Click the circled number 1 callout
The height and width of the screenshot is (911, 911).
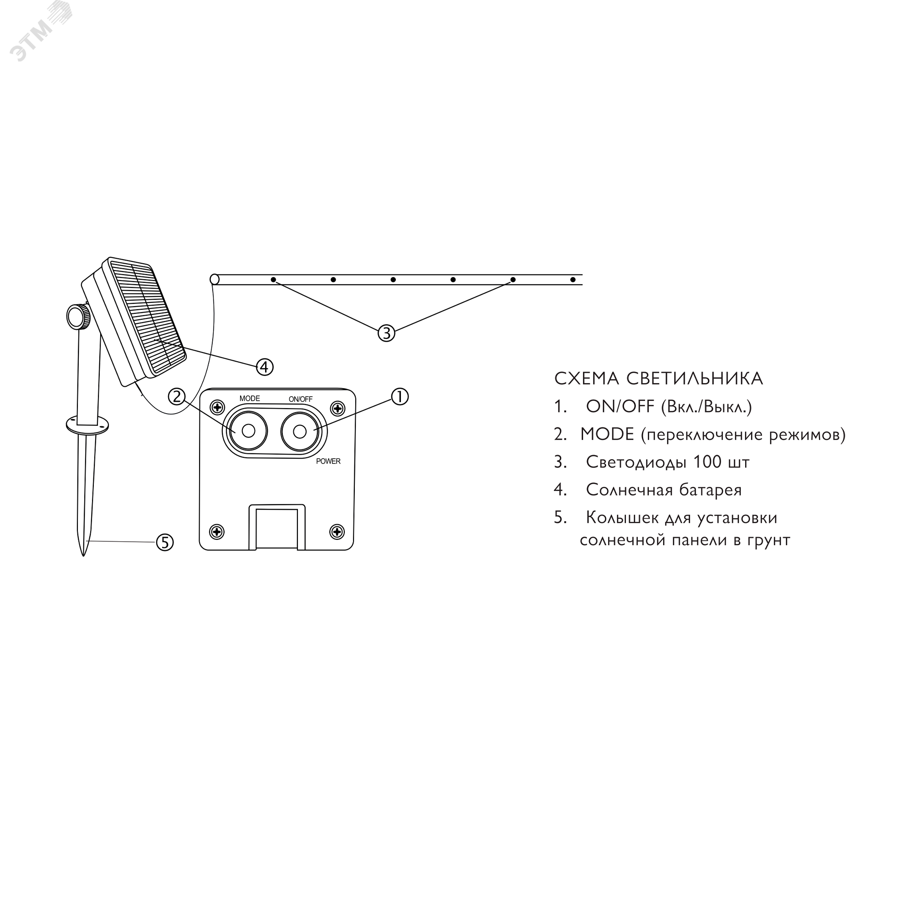400,397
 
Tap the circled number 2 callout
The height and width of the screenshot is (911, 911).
177,397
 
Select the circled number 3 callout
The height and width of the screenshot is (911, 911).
386,333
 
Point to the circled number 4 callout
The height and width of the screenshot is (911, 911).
265,366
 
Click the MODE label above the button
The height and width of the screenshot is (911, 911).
250,399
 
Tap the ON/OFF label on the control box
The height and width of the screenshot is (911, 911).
300,399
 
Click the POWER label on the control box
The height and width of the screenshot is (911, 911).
328,461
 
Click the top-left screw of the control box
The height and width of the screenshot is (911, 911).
217,406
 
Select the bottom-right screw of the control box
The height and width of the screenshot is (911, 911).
337,532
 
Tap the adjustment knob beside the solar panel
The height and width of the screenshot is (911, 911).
78,317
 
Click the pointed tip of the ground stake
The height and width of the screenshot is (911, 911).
83,556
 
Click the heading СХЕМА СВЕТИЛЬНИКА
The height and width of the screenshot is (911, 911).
658,379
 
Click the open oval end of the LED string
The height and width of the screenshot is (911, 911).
215,279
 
